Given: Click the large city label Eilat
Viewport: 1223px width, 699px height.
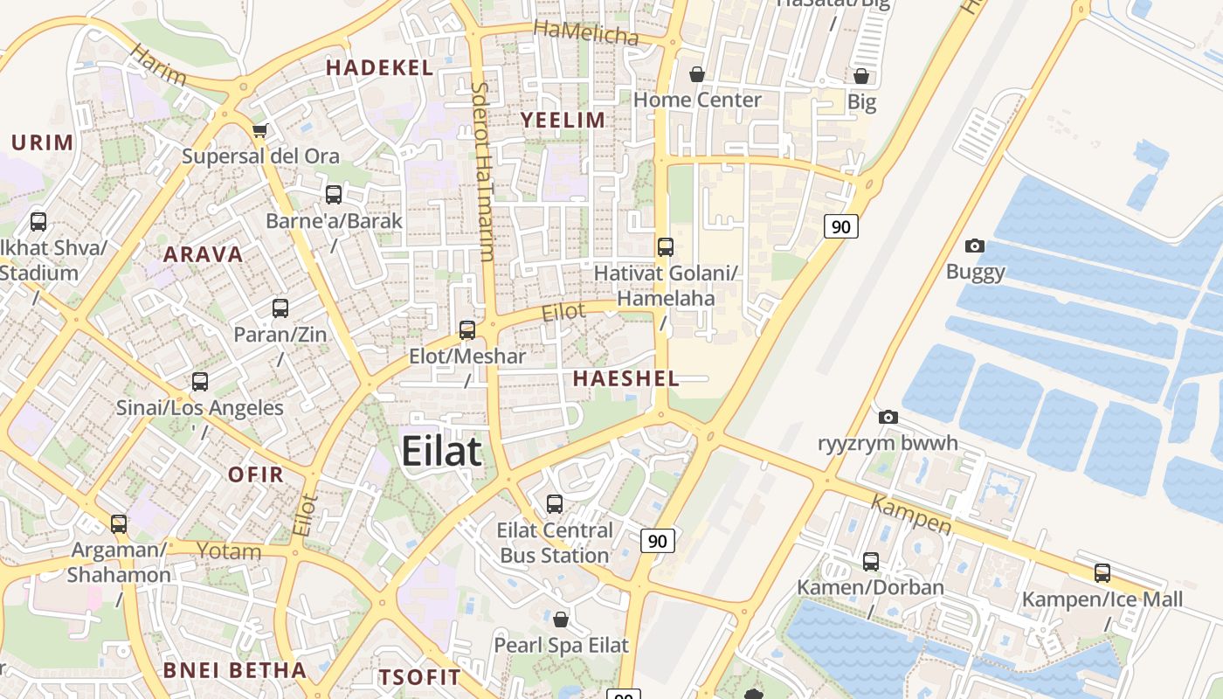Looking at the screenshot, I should pyautogui.click(x=441, y=452).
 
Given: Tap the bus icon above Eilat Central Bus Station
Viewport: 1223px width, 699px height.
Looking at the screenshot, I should pyautogui.click(x=555, y=504).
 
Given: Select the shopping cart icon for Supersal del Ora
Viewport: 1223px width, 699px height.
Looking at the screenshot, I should pyautogui.click(x=259, y=131).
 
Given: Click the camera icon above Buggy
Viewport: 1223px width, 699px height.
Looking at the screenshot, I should pyautogui.click(x=975, y=246).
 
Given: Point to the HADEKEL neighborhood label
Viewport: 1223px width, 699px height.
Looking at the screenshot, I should pyautogui.click(x=379, y=67).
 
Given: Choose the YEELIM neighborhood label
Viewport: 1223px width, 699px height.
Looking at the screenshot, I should pyautogui.click(x=563, y=120).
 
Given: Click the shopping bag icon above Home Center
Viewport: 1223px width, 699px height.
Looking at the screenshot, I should pyautogui.click(x=697, y=75).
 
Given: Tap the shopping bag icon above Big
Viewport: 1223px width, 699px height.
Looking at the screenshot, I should pyautogui.click(x=861, y=77).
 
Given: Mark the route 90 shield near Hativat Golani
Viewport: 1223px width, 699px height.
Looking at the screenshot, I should pyautogui.click(x=840, y=227).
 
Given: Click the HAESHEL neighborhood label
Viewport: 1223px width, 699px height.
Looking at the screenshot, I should pyautogui.click(x=626, y=378).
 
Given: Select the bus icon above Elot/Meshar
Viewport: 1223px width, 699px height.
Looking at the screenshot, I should pyautogui.click(x=467, y=330).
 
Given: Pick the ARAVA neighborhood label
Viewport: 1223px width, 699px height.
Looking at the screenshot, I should pyautogui.click(x=204, y=254).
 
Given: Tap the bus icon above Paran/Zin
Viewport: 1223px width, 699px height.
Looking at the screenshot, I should pyautogui.click(x=280, y=308).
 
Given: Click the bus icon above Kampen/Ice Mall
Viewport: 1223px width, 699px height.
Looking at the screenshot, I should pyautogui.click(x=1102, y=574).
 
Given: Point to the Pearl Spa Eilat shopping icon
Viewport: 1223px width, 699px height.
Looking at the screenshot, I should pyautogui.click(x=561, y=619).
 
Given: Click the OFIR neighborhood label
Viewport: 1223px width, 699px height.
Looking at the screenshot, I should pyautogui.click(x=256, y=474).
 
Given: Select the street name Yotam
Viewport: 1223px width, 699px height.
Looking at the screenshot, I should pyautogui.click(x=229, y=551).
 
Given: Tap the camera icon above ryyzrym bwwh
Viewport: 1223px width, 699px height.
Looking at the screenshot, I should pyautogui.click(x=888, y=418).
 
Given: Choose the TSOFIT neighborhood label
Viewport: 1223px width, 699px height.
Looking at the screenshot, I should pyautogui.click(x=419, y=677).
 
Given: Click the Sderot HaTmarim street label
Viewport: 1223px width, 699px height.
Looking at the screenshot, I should pyautogui.click(x=483, y=171).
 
